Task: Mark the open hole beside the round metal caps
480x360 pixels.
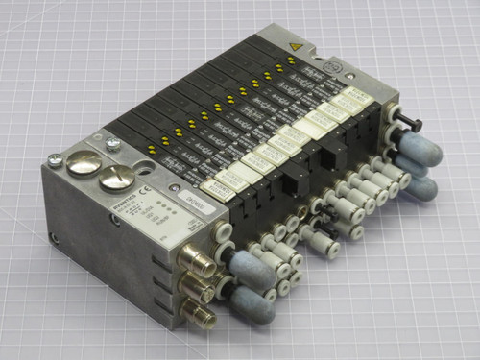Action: click(x=147, y=172)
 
